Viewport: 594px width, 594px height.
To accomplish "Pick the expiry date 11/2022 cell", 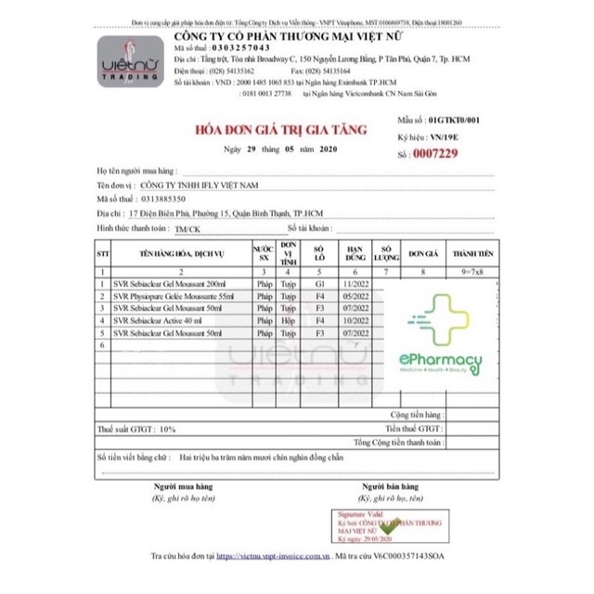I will [355, 283].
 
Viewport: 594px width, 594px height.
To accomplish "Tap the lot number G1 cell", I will [319, 283].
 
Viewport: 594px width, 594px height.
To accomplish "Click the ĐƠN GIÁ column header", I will [422, 252].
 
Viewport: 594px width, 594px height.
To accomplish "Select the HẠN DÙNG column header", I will [355, 252].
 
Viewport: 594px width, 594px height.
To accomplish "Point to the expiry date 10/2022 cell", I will [355, 319].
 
